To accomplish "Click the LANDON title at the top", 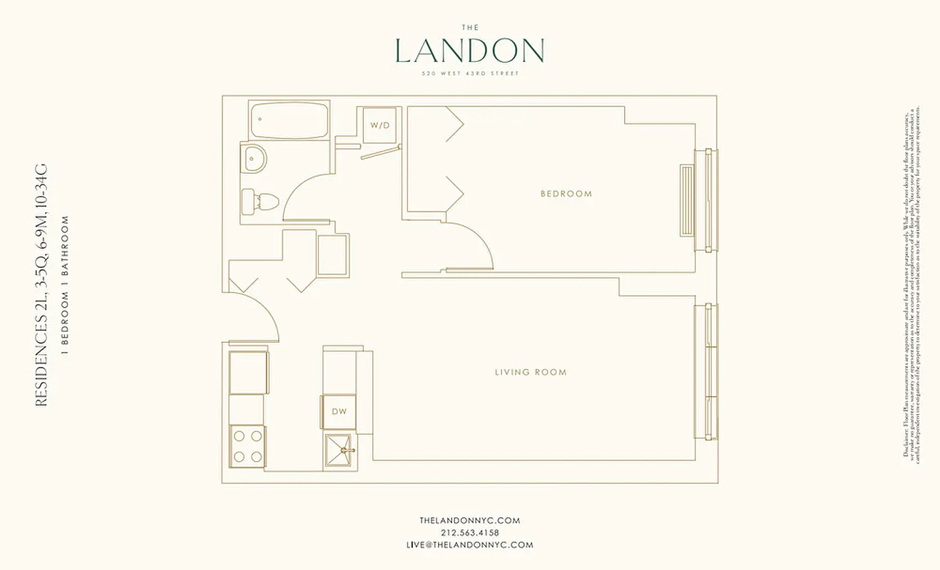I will coord(469,51).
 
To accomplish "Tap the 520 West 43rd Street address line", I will coord(469,74).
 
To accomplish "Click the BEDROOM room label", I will coord(566,194).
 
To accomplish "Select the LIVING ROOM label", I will coord(531,372).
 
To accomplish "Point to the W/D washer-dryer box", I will coord(379,125).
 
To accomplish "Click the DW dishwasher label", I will coord(339,411).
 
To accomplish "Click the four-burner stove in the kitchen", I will coord(247,446).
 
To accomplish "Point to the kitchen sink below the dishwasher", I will coord(339,450).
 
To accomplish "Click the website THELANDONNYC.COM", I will coord(469,521).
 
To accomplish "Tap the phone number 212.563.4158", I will coord(469,533).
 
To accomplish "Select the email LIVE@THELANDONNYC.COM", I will coord(469,545).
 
